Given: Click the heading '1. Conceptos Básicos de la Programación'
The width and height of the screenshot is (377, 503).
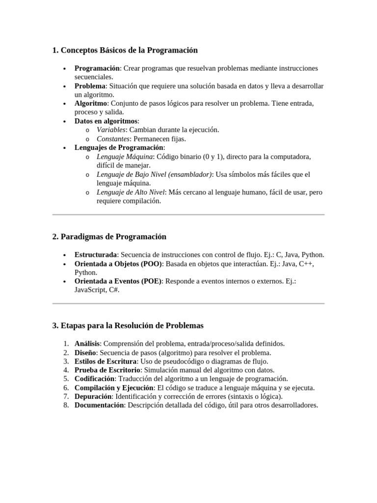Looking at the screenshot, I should click(125, 50).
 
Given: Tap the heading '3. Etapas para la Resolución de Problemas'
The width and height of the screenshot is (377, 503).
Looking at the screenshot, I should click(128, 326).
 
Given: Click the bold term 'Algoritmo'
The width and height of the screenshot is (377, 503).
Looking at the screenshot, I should click(90, 104).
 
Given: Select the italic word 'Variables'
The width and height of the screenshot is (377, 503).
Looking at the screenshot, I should click(111, 130).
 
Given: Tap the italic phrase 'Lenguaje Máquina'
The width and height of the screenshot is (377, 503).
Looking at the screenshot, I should click(125, 157).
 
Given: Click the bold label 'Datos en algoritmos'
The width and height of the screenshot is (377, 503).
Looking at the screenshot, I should click(106, 121).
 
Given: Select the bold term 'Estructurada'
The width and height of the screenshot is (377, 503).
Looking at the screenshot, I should click(96, 255).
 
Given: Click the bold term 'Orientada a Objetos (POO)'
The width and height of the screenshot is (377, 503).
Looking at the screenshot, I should click(117, 264).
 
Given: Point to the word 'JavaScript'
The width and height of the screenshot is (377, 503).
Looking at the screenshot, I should click(91, 290).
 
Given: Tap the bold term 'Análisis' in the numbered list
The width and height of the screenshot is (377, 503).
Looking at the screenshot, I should click(87, 344).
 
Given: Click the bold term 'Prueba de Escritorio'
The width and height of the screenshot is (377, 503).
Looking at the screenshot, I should click(108, 370).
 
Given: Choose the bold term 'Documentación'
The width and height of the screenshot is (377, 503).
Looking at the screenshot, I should click(99, 405).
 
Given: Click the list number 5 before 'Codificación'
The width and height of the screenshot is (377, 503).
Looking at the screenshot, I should click(66, 379).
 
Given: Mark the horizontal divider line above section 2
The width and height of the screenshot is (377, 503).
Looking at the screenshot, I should click(188, 215).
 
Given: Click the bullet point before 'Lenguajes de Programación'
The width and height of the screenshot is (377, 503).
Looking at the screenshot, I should click(65, 148).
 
